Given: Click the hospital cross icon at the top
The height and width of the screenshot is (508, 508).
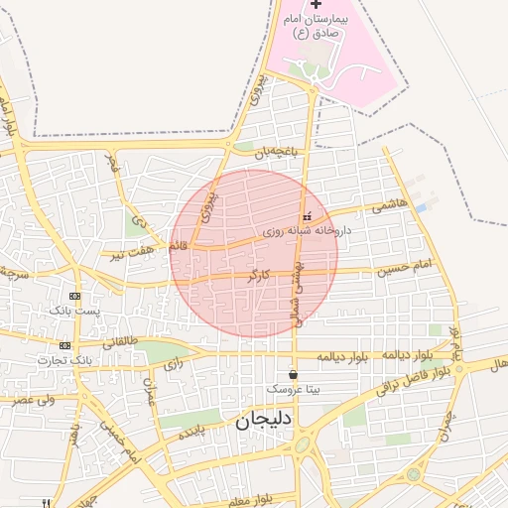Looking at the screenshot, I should click(x=316, y=5).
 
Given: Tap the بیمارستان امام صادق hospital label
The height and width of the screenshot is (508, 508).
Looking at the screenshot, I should click(x=317, y=26).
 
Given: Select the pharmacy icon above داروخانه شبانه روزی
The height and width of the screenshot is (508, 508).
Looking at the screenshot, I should click(x=306, y=217).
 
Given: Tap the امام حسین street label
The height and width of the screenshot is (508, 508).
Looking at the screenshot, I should click(x=407, y=266).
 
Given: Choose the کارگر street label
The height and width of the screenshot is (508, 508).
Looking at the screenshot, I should click(x=258, y=274).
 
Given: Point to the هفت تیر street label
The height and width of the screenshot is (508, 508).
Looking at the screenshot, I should click(x=133, y=253).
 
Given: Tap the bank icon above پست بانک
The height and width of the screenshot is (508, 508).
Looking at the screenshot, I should click(x=74, y=296).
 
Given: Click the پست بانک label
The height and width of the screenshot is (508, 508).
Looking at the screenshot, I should click(x=74, y=311).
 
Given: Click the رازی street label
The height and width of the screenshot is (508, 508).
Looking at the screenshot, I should click(x=174, y=364).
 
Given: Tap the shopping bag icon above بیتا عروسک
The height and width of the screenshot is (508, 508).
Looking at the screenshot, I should click(x=293, y=374).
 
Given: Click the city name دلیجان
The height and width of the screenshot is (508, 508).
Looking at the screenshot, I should click(x=264, y=421).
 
